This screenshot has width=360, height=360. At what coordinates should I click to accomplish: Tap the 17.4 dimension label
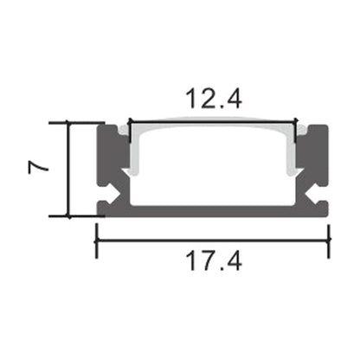(212, 258)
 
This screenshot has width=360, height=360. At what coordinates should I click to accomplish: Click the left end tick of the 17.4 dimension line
(95, 240)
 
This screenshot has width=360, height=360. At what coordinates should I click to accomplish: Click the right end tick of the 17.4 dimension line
(330, 240)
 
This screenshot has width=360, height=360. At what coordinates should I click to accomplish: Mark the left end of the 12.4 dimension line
(129, 122)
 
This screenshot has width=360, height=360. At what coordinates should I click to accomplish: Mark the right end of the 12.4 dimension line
(297, 122)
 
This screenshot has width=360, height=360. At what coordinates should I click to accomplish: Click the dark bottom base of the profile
(212, 210)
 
